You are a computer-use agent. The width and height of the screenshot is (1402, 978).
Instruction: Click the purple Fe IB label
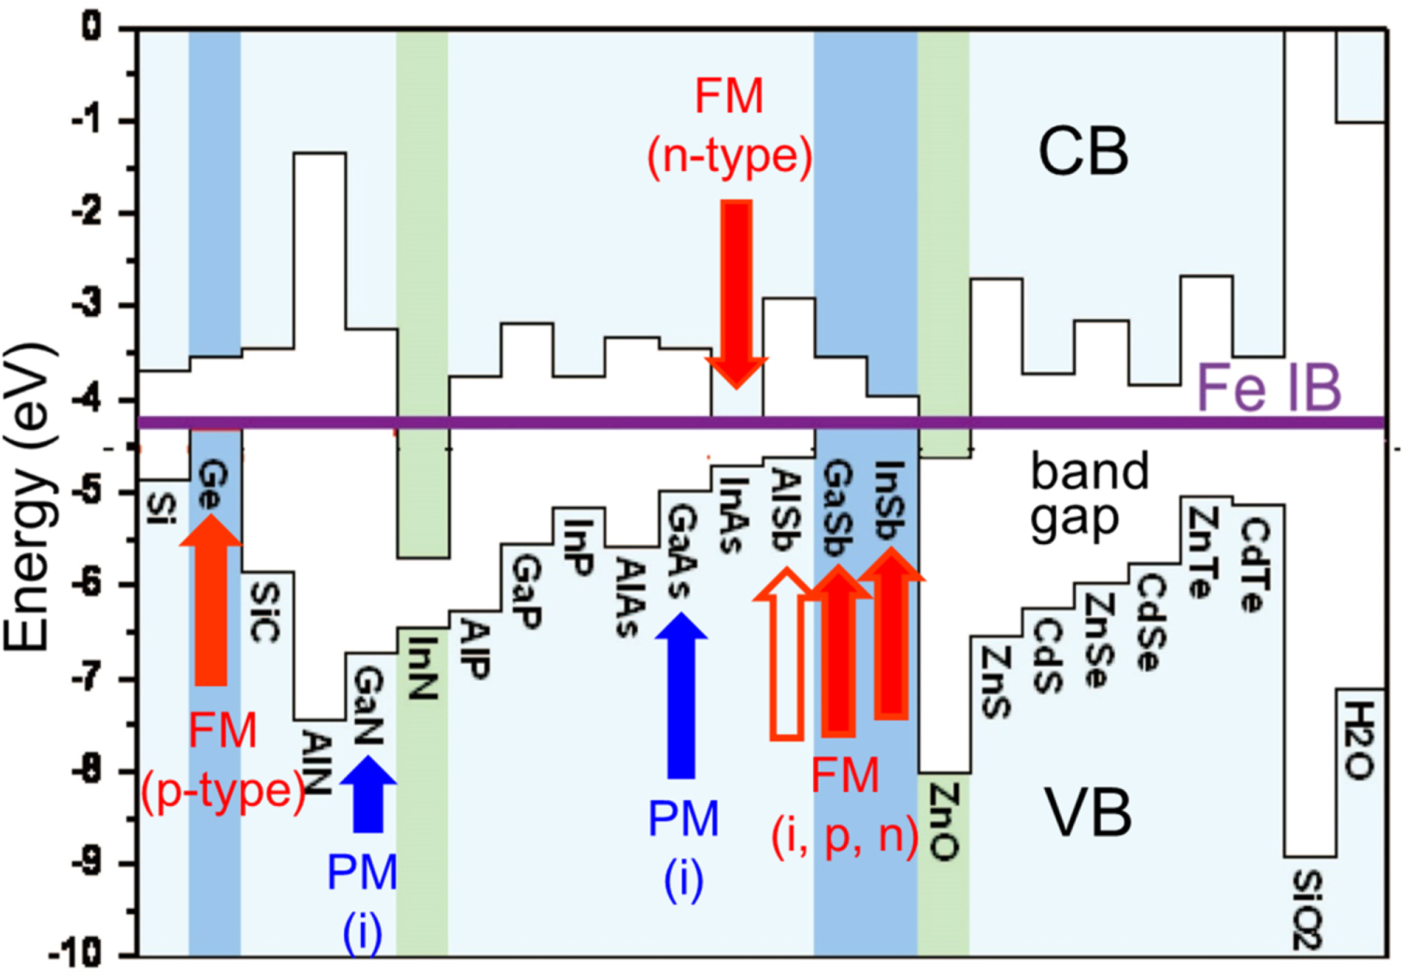(1268, 387)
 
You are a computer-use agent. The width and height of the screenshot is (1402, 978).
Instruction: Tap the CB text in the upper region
(1082, 152)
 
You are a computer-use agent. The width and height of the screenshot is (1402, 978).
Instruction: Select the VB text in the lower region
(1088, 813)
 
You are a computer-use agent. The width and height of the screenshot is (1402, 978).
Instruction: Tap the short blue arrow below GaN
(367, 794)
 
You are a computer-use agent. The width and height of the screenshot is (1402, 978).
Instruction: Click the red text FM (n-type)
(729, 126)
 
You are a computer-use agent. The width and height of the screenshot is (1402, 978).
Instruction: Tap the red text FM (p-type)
(222, 760)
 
